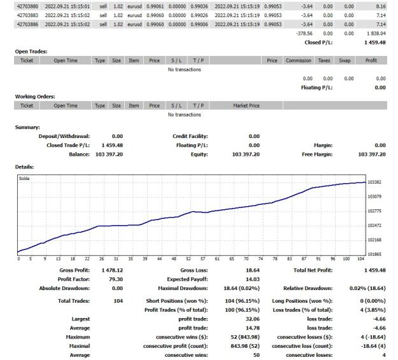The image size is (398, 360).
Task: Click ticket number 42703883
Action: point(27,15)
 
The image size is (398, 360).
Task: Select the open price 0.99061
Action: point(155,6)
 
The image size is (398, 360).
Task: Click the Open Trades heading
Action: point(31,52)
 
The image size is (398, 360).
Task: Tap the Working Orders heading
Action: point(35,97)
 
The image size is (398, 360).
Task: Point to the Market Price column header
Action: point(246,106)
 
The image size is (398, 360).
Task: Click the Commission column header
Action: point(298,60)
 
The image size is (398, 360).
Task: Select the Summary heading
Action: point(27,127)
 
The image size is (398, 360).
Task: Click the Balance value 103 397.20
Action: point(109,155)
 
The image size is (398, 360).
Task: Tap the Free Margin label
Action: point(317,155)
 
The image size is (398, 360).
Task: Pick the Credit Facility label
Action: point(190,136)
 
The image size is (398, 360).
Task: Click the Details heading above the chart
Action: point(24,167)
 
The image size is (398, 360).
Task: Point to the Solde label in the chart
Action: point(24,179)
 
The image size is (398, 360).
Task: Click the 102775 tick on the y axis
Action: point(374,211)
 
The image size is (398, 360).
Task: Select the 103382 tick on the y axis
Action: point(374,183)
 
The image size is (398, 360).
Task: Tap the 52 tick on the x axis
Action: point(188,259)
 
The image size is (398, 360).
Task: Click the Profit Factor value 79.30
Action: point(115,279)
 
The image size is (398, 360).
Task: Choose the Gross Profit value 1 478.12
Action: point(112,270)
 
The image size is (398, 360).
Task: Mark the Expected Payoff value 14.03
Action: point(253,279)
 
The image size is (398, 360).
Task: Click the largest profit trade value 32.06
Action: point(253,319)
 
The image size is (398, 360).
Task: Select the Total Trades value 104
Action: point(118,301)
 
